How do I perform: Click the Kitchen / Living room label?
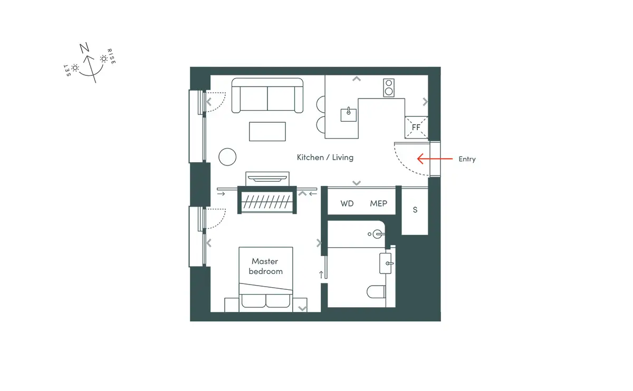click(325, 157)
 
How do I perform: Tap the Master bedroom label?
click(265, 266)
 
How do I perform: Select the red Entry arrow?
click(435, 159)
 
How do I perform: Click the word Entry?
click(467, 159)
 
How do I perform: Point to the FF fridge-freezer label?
click(416, 128)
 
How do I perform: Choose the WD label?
click(347, 203)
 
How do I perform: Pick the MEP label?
click(378, 203)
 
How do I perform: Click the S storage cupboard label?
click(415, 210)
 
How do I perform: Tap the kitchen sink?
click(349, 115)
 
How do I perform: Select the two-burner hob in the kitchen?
click(389, 87)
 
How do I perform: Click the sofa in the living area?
click(267, 95)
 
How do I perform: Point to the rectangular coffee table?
click(267, 132)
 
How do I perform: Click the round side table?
click(227, 157)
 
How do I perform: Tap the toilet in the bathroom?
click(377, 291)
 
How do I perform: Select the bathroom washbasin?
click(386, 263)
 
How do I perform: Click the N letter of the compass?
click(84, 48)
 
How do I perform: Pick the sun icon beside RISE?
click(104, 58)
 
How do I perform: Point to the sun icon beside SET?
click(75, 68)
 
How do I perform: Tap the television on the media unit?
click(267, 179)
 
